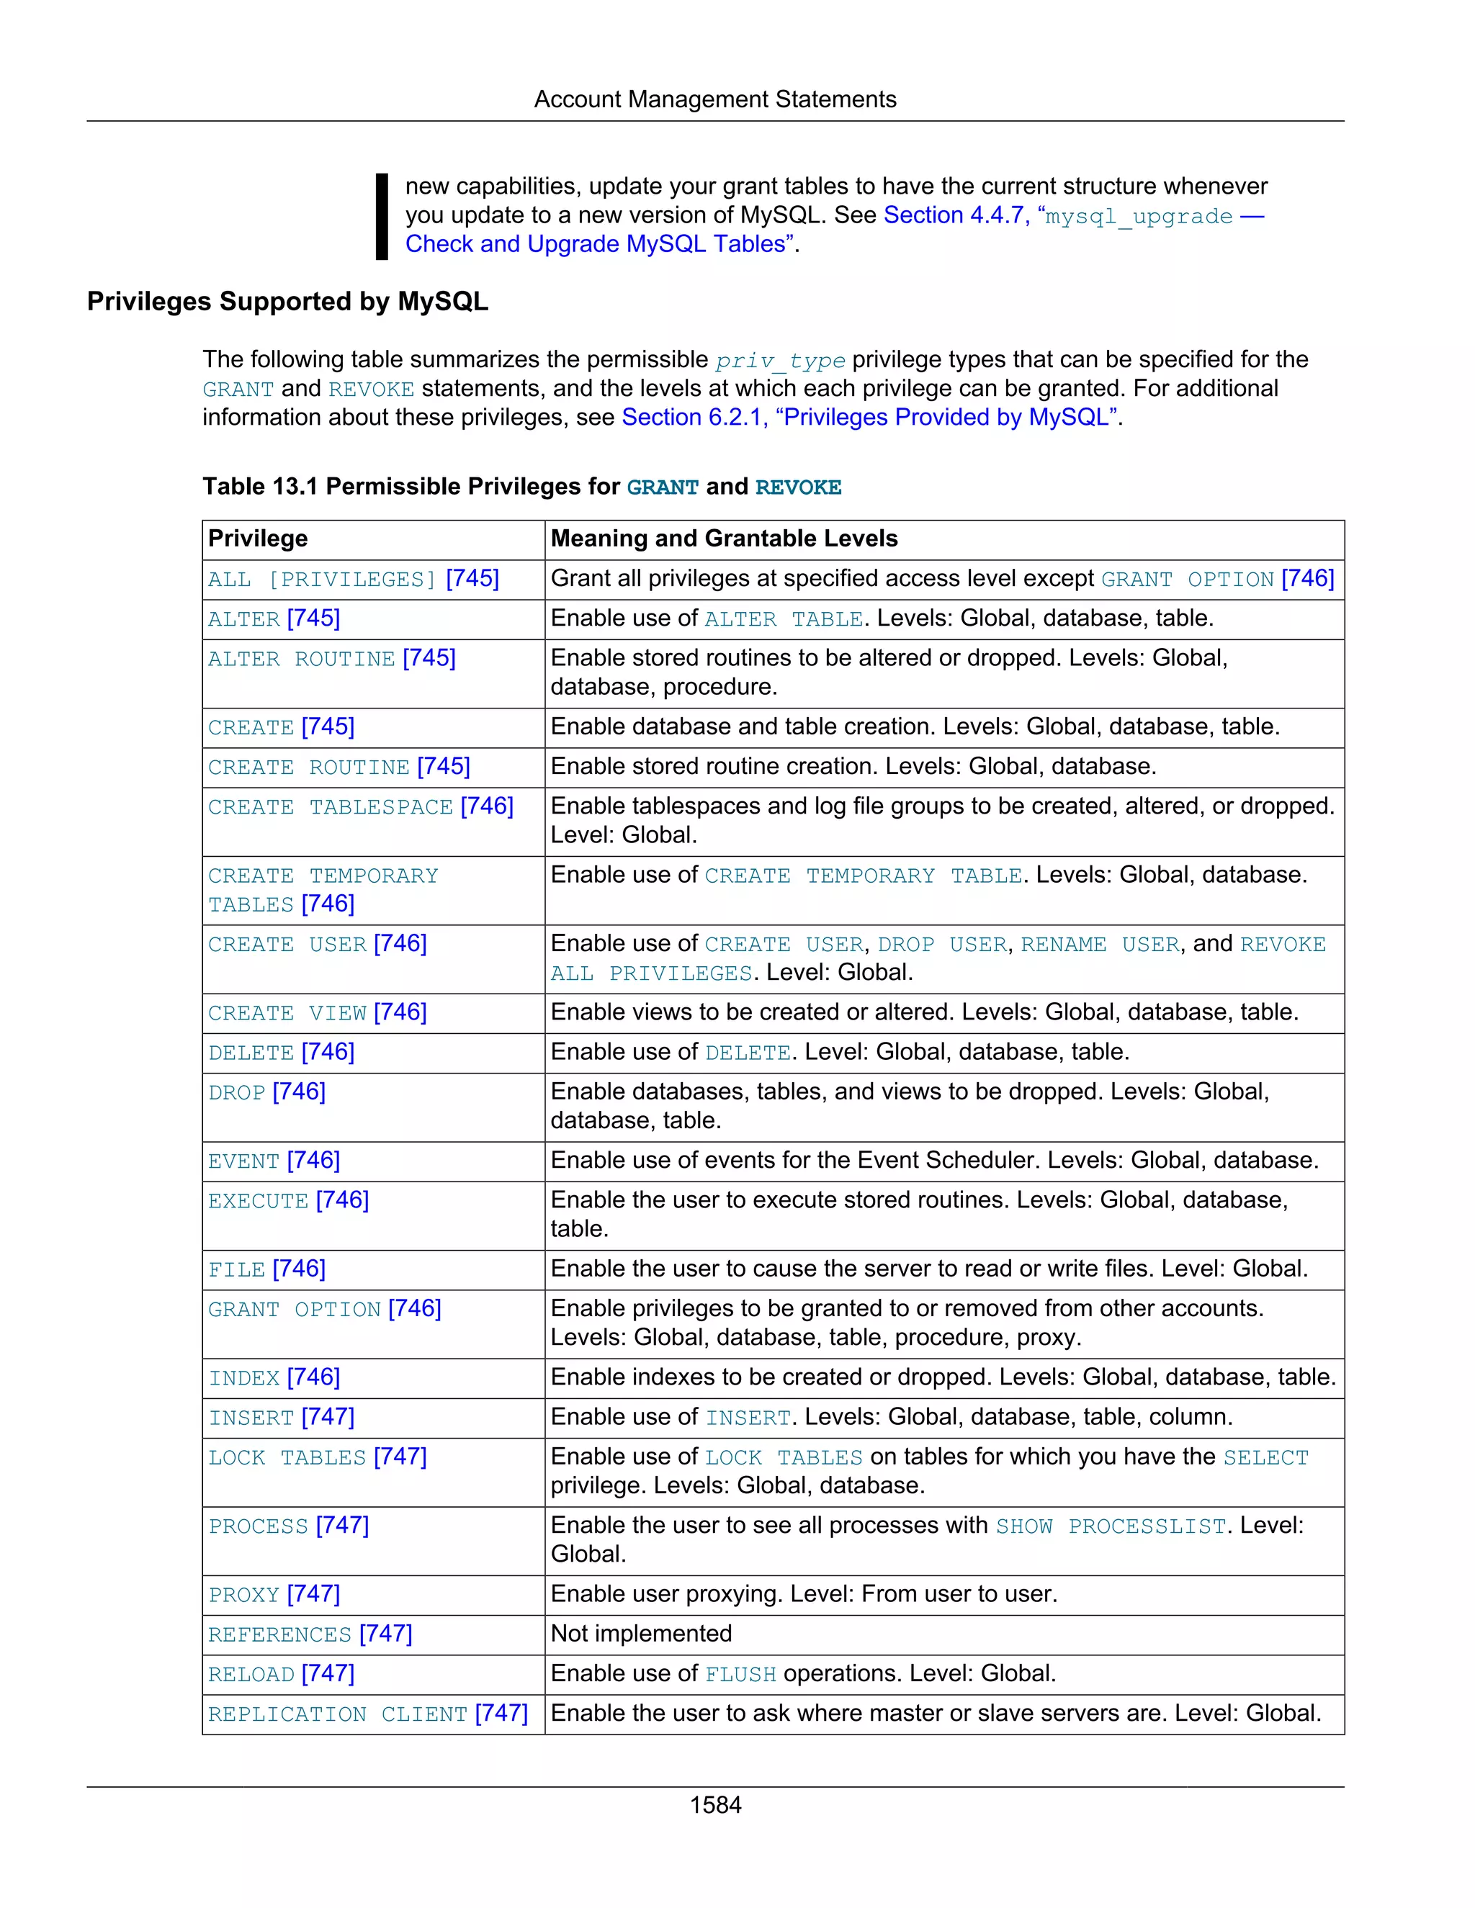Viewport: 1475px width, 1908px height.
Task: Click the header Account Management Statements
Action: click(x=714, y=99)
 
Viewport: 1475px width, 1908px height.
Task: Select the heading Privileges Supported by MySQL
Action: click(x=287, y=302)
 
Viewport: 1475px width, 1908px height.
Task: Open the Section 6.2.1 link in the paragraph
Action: click(x=869, y=418)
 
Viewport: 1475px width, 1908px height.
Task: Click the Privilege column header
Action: click(x=258, y=539)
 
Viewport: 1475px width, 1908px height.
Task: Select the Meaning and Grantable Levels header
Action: click(x=724, y=539)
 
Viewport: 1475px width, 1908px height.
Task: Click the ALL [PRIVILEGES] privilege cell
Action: click(x=353, y=579)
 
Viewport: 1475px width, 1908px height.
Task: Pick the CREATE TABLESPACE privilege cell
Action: click(x=360, y=806)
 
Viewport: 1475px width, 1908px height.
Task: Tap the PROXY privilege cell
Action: click(x=274, y=1594)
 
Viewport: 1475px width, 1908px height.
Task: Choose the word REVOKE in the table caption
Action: click(x=798, y=487)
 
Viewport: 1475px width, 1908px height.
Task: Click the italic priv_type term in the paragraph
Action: click(x=779, y=361)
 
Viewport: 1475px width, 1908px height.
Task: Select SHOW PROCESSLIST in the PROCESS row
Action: click(x=1111, y=1526)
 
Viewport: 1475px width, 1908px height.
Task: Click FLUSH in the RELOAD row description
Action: click(x=740, y=1675)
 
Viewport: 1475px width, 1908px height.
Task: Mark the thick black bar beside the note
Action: click(x=382, y=216)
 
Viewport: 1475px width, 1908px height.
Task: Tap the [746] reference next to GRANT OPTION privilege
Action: click(x=414, y=1309)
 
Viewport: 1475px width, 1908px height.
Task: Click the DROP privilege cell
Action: click(x=266, y=1092)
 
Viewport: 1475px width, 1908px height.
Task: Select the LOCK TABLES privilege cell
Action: click(x=316, y=1457)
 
